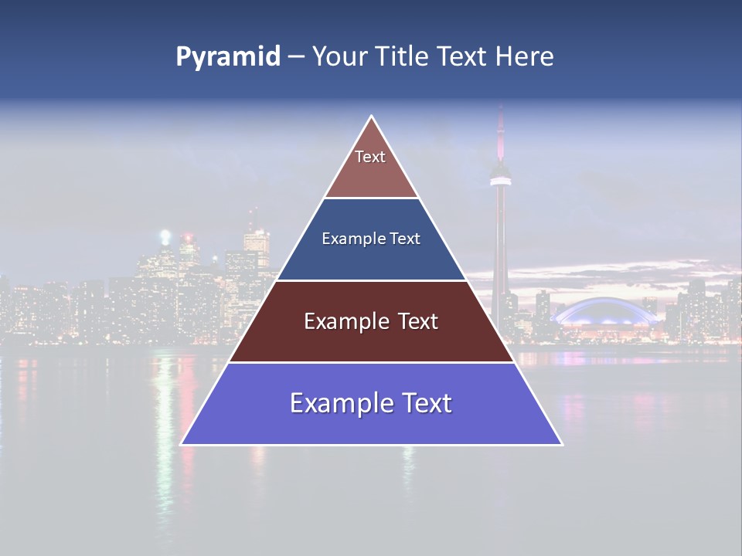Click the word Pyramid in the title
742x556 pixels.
pos(228,57)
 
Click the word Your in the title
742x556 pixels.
pos(338,56)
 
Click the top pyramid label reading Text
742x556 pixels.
pos(370,157)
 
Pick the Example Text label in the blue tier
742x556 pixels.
pos(371,239)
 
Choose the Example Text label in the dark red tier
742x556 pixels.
pos(371,321)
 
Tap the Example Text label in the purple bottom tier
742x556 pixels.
pos(371,403)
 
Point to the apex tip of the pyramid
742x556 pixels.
pos(372,117)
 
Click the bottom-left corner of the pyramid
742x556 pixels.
pos(182,444)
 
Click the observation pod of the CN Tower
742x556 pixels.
pos(501,175)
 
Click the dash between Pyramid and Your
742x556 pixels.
pos(296,57)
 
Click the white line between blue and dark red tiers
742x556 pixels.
pos(371,280)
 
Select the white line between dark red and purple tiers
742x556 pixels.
pos(371,362)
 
